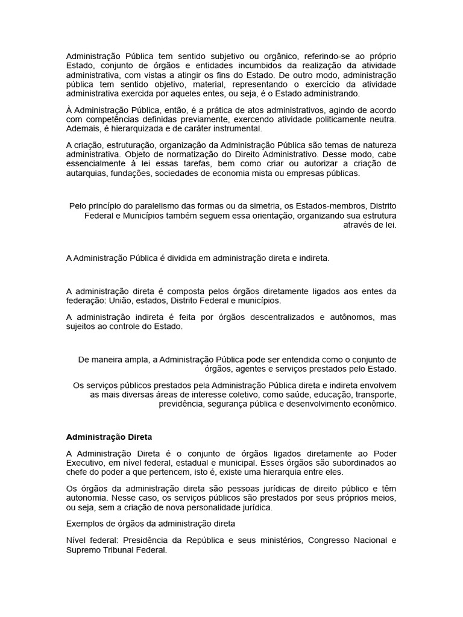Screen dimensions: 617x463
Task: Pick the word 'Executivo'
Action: click(87, 463)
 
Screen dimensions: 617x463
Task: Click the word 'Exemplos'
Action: click(86, 524)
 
